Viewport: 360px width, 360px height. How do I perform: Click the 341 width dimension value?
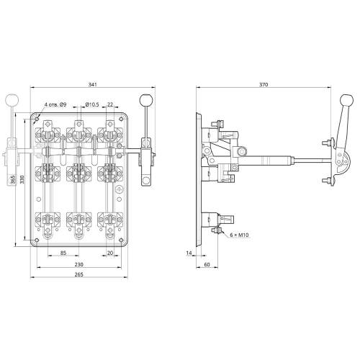93,84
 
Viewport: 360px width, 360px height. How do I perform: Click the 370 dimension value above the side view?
264,84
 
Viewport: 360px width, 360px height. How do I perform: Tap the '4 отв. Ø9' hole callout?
55,104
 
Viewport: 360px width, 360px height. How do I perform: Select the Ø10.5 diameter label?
92,104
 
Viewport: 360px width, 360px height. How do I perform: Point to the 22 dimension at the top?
110,104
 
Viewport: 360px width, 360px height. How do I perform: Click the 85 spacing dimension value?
63,253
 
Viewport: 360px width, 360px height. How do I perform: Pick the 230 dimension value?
78,264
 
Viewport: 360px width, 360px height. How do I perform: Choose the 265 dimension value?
78,274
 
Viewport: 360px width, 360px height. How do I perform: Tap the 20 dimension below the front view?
110,253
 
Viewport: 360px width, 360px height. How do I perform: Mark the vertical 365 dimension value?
13,179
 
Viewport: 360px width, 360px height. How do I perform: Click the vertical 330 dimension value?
22,179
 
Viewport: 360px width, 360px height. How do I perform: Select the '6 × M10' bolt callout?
239,235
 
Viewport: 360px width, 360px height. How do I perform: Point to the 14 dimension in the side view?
189,253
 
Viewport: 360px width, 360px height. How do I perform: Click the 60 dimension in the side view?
207,264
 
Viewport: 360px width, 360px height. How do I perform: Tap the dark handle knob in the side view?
347,100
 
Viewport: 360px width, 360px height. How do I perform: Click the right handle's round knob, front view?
146,100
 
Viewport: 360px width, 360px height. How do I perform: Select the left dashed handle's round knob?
12,100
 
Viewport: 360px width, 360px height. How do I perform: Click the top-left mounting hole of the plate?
37,119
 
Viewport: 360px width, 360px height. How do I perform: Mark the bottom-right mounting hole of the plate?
121,240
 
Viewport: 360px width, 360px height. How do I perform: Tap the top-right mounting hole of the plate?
121,119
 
